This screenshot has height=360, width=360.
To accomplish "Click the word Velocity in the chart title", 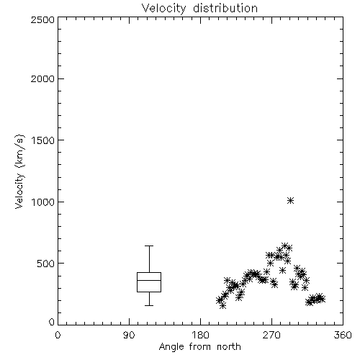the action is click(x=163, y=9).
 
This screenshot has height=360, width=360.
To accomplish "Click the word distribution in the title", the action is click(x=225, y=8).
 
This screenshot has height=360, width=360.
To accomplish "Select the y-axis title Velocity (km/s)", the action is click(x=19, y=172).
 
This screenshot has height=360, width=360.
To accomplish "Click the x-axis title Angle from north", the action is click(x=200, y=346).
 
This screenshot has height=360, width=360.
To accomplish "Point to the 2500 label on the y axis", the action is click(x=43, y=19).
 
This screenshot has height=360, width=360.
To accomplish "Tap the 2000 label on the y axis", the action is click(x=43, y=78).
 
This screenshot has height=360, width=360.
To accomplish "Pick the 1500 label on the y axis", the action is click(x=43, y=140).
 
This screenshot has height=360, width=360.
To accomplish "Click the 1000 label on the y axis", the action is click(x=43, y=202).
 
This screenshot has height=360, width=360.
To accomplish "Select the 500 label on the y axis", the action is click(x=46, y=264).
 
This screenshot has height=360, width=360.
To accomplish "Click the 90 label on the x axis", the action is click(x=129, y=335).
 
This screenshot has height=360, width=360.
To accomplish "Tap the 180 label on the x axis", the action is click(x=200, y=335).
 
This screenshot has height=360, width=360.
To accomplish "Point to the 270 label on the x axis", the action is click(x=271, y=335).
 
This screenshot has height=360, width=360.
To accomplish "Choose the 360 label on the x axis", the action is click(x=343, y=335).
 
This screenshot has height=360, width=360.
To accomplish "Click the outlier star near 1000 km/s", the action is click(x=291, y=201).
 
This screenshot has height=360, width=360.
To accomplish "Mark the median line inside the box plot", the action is click(x=149, y=280).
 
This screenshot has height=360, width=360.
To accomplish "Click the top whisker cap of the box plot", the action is click(x=149, y=246).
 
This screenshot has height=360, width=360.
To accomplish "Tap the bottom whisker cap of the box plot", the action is click(x=149, y=305).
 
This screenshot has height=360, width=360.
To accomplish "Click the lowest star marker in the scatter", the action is click(x=222, y=305).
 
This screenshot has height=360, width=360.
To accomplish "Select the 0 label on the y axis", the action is click(x=52, y=322).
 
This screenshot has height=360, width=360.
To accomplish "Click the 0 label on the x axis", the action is click(x=58, y=335).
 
